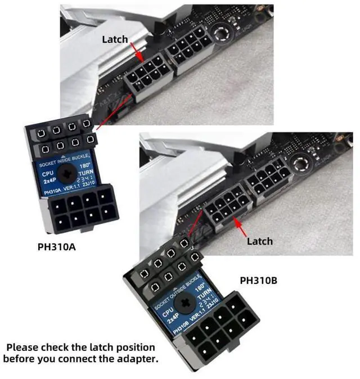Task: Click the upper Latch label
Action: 115,39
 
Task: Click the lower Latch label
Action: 260,241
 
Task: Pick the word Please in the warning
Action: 24,347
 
